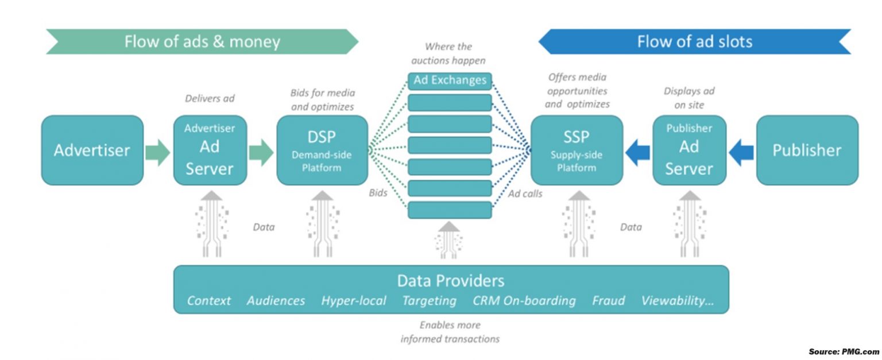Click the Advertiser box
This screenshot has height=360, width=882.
pyautogui.click(x=92, y=150)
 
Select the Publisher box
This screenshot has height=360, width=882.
pyautogui.click(x=807, y=150)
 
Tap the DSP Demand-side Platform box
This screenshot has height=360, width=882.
pyautogui.click(x=322, y=150)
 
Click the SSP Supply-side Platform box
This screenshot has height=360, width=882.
pyautogui.click(x=576, y=150)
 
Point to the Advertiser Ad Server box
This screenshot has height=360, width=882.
pyautogui.click(x=209, y=150)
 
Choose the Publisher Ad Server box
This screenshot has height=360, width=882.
pyautogui.click(x=689, y=150)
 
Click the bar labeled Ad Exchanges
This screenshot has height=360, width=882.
pyautogui.click(x=450, y=81)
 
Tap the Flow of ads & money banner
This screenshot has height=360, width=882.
pyautogui.click(x=202, y=42)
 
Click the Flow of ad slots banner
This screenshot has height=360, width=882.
pyautogui.click(x=694, y=42)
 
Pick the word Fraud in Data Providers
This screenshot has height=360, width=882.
pyautogui.click(x=608, y=300)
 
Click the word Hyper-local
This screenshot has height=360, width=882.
pyautogui.click(x=353, y=300)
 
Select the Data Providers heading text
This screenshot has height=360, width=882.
pyautogui.click(x=450, y=281)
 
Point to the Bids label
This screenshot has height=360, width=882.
pyautogui.click(x=378, y=193)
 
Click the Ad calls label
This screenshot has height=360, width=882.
pyautogui.click(x=525, y=193)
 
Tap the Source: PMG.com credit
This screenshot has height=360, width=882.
pyautogui.click(x=844, y=351)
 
